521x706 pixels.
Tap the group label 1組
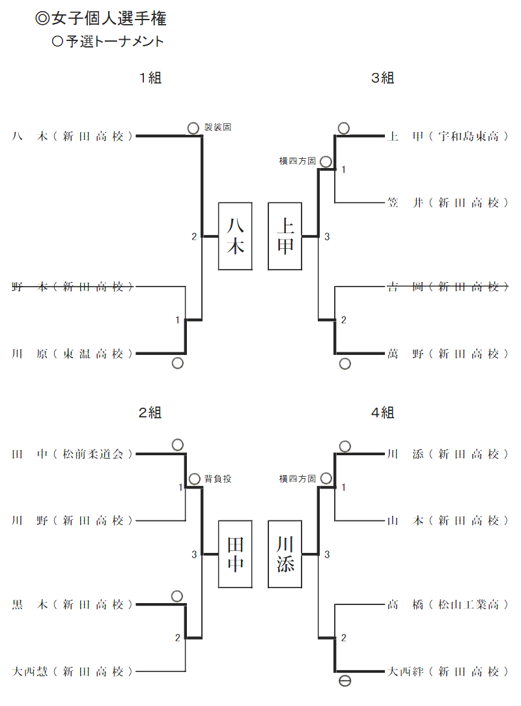[x=150, y=78]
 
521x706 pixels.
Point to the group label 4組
[x=383, y=412]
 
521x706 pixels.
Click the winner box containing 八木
[x=235, y=236]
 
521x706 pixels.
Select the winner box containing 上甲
[x=285, y=236]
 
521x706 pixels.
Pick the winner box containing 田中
[x=235, y=554]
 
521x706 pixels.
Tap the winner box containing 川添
[x=285, y=554]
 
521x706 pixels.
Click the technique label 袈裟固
[x=218, y=128]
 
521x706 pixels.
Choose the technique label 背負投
[x=218, y=479]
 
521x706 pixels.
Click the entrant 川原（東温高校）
[x=72, y=354]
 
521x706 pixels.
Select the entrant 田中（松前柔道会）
[x=72, y=454]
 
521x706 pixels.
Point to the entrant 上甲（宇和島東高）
[x=447, y=136]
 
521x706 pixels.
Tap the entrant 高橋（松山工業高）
[x=447, y=604]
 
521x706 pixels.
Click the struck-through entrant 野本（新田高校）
[x=72, y=287]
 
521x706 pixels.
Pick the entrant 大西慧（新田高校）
[x=72, y=671]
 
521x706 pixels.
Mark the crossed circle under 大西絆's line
[x=345, y=681]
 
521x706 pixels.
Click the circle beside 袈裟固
[x=193, y=128]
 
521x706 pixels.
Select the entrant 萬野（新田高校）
[x=447, y=354]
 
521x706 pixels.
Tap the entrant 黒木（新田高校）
[x=72, y=604]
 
